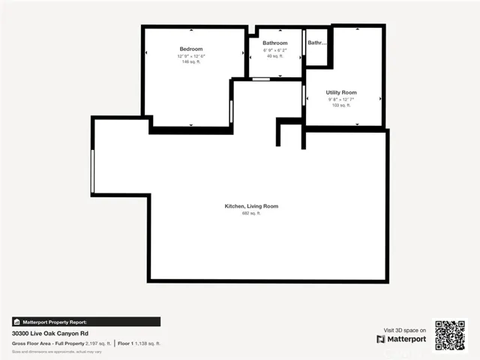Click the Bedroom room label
[x=190, y=49]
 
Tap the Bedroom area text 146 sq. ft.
[x=190, y=61]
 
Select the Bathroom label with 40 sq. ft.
[x=274, y=43]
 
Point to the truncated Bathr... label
[x=317, y=43]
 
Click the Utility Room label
[x=341, y=92]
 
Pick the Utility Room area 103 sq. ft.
[x=341, y=105]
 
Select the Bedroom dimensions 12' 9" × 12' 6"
[x=190, y=56]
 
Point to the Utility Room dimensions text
[x=341, y=99]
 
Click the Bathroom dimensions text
[x=274, y=50]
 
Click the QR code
[x=450, y=334]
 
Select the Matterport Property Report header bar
[x=85, y=322]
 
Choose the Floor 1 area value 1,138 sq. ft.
[x=145, y=343]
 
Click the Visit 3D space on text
[x=405, y=330]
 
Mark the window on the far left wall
[x=92, y=171]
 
